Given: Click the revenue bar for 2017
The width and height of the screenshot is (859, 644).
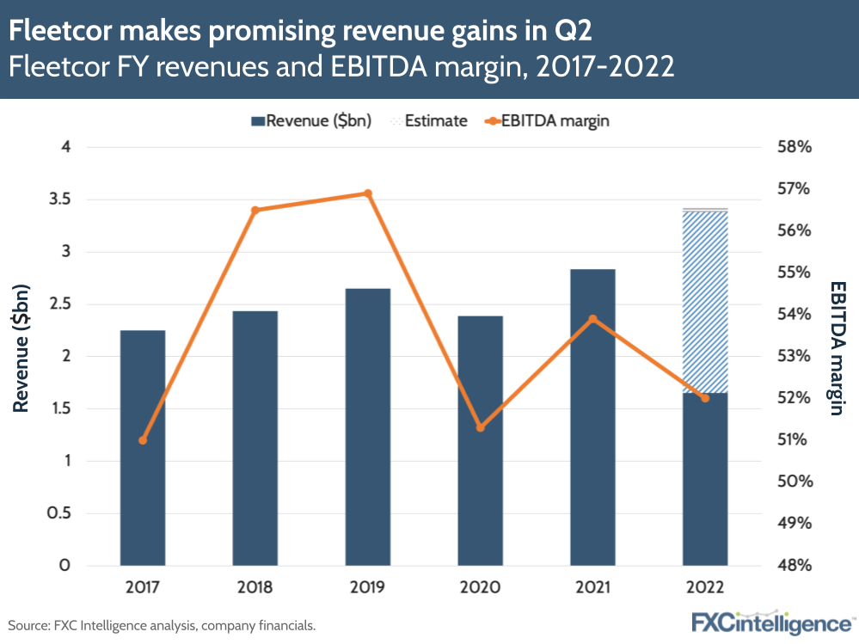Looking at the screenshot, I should click(143, 447).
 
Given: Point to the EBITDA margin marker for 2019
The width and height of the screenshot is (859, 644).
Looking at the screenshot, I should click(367, 193).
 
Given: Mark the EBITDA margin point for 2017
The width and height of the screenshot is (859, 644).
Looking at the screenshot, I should click(143, 440).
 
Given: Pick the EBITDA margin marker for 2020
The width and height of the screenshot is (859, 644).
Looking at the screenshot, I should click(480, 427).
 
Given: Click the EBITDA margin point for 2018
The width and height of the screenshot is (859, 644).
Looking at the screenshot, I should click(255, 210).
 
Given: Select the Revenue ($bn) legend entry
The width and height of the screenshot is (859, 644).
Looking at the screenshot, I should click(310, 120).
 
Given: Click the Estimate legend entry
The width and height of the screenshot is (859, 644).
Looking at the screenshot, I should click(430, 120).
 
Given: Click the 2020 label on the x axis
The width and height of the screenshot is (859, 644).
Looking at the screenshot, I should click(480, 589).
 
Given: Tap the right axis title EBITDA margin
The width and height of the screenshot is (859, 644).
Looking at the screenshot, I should click(837, 347).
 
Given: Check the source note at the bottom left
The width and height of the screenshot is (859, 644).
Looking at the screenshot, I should click(163, 625).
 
